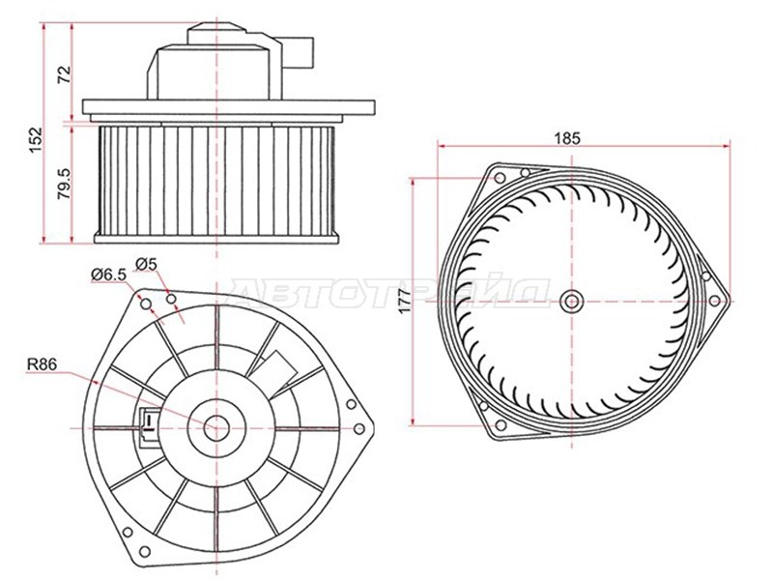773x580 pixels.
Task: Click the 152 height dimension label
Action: [x=36, y=140]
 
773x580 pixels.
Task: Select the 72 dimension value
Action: [x=65, y=74]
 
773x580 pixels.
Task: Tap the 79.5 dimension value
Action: [x=65, y=184]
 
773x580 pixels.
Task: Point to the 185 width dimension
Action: [x=567, y=138]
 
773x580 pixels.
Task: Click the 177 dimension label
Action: [x=404, y=301]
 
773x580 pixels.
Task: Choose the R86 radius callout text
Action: [x=42, y=364]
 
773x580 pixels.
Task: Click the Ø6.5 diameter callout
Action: [x=109, y=275]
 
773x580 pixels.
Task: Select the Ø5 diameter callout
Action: [x=146, y=264]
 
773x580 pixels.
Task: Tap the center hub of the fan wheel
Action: [x=572, y=301]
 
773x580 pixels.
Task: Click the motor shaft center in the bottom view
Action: [x=216, y=428]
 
